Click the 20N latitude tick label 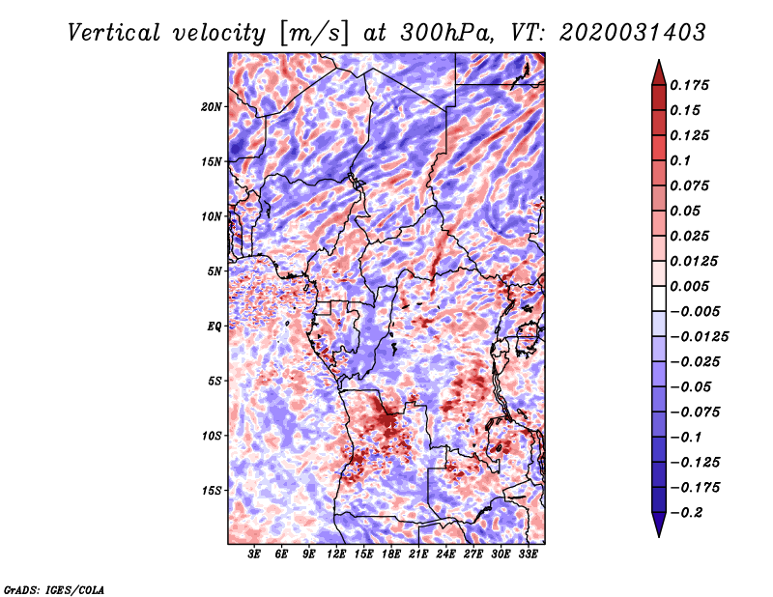click(212, 106)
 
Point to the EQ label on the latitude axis click(215, 327)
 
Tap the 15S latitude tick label click(212, 491)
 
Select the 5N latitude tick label click(215, 271)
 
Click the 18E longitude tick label click(391, 555)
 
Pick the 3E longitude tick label click(255, 555)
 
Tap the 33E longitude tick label click(528, 555)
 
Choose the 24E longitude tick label click(445, 555)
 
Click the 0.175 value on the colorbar click(692, 85)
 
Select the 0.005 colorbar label click(692, 286)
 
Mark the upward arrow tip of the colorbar click(658, 62)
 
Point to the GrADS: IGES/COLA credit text click(53, 588)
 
